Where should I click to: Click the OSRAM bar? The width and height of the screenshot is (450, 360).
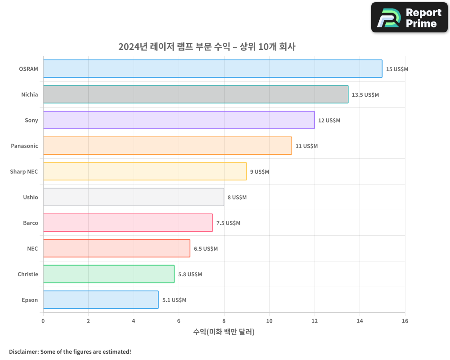(212, 69)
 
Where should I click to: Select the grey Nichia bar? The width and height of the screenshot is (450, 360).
(195, 94)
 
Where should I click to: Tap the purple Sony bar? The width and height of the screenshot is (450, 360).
(179, 120)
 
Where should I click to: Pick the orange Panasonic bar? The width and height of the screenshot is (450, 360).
(167, 146)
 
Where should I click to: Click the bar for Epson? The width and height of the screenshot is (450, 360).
(101, 300)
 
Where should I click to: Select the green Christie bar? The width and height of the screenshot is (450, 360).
(108, 274)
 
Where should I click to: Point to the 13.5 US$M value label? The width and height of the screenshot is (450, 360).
(365, 95)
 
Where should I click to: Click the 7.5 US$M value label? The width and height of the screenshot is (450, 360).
(228, 223)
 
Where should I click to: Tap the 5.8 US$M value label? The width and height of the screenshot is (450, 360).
(190, 274)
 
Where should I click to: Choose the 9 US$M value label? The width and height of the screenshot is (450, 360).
(260, 172)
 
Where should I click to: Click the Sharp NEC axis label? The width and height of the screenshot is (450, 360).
(24, 171)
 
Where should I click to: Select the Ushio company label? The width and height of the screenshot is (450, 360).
(31, 197)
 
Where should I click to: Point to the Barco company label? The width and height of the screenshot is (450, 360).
(31, 223)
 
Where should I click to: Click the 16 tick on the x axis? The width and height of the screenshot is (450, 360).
(405, 321)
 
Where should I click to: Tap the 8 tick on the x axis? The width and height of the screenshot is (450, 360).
(224, 321)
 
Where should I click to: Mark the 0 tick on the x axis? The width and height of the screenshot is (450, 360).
(43, 321)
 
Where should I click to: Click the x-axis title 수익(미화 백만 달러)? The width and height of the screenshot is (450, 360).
(224, 332)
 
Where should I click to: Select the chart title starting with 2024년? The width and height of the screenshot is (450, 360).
(207, 47)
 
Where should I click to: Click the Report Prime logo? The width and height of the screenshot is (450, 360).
(409, 18)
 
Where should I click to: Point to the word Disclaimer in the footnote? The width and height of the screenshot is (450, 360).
(23, 351)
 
